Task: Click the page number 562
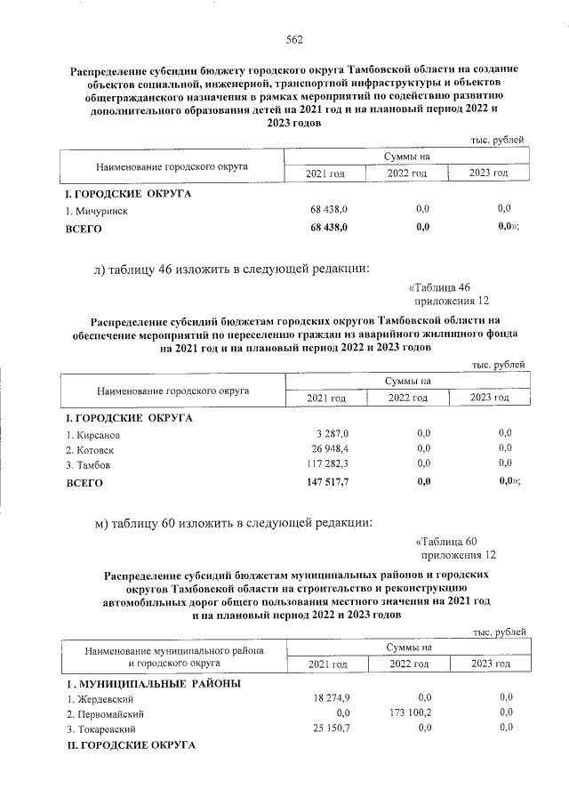pos(294,39)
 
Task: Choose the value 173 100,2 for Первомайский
pos(408,712)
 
